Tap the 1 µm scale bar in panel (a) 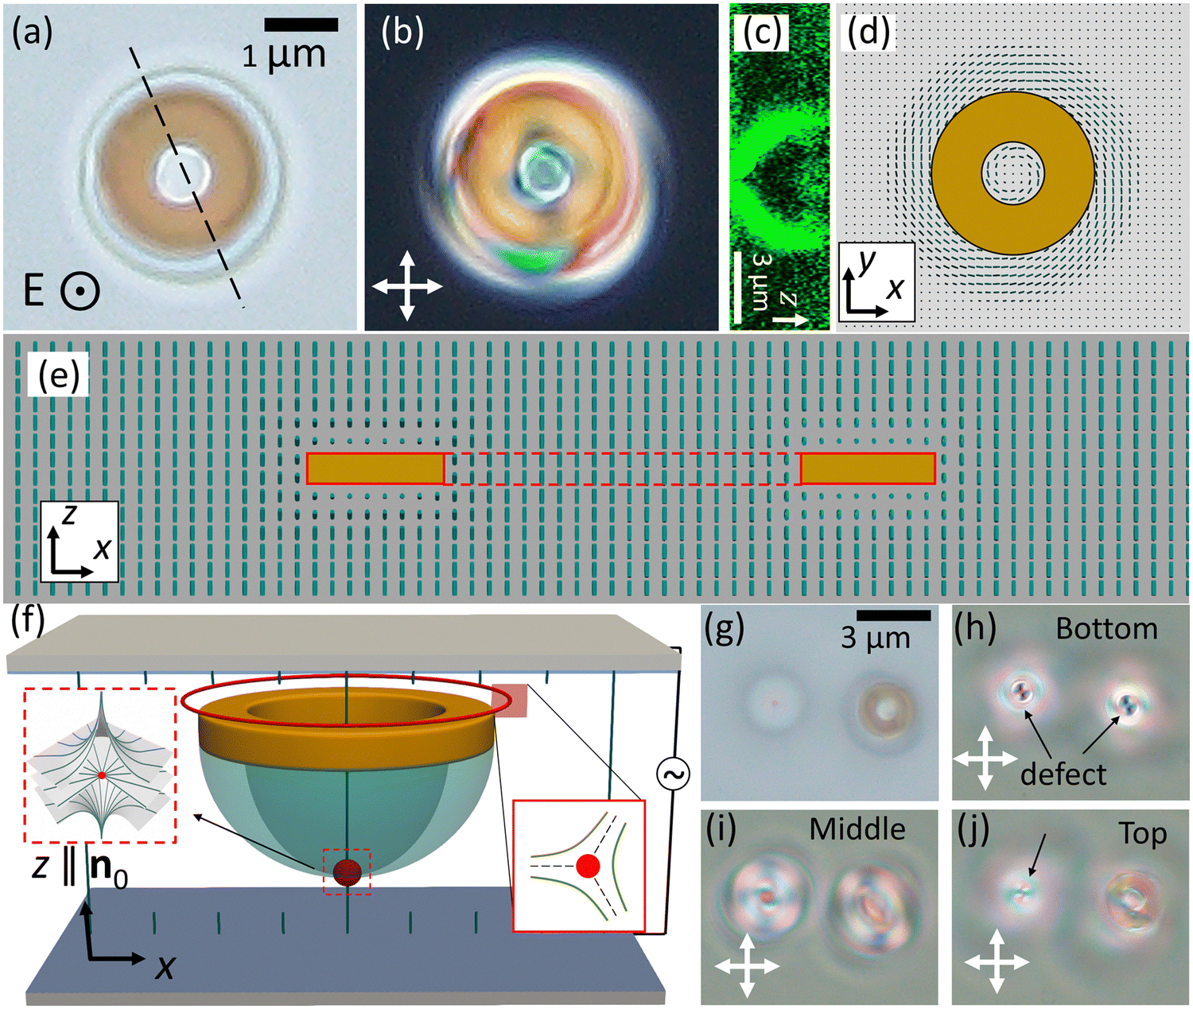[301, 24]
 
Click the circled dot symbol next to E [81, 292]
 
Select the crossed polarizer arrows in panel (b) [407, 285]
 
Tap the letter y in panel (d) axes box [865, 265]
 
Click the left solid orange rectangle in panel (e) [375, 468]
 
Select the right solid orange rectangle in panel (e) [868, 468]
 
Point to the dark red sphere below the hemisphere [347, 873]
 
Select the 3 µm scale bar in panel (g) [893, 616]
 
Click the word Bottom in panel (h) [1107, 628]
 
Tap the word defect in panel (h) [1063, 774]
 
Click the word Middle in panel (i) [858, 829]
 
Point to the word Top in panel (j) [1144, 833]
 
